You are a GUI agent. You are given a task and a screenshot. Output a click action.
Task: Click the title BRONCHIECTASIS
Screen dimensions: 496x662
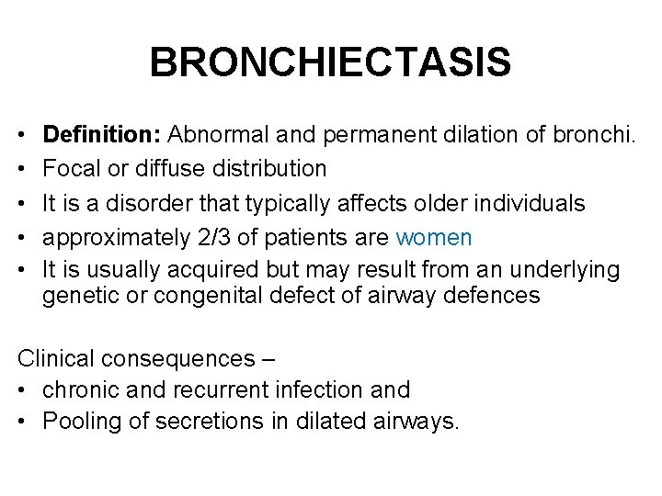click(330, 63)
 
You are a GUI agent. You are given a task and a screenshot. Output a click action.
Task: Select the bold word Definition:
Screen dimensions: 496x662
click(102, 135)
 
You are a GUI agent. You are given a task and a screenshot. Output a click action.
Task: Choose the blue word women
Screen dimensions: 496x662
click(433, 238)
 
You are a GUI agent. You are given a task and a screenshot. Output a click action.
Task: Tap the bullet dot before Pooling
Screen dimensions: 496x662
click(23, 423)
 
